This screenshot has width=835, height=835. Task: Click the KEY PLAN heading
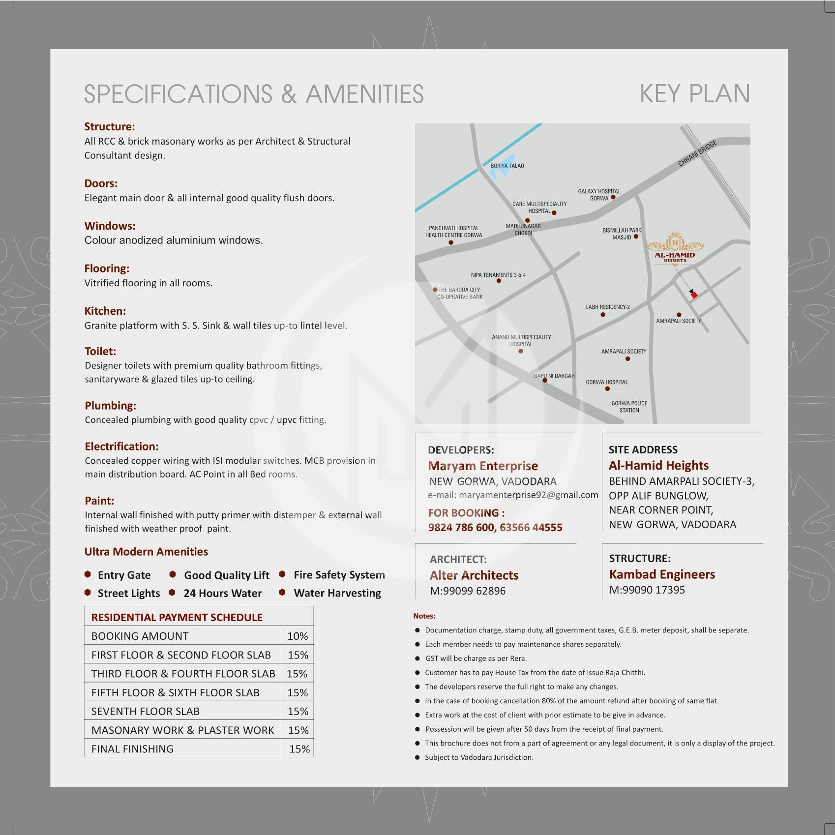click(694, 93)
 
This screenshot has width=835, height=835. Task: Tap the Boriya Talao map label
click(507, 166)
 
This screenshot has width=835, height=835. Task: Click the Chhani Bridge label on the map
click(697, 153)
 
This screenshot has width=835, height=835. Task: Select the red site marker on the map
click(694, 295)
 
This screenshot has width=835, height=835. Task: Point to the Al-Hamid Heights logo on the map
click(675, 248)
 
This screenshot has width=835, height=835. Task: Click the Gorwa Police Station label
click(629, 407)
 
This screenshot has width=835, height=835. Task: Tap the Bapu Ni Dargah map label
click(554, 376)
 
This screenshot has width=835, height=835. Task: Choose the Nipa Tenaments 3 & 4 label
click(498, 275)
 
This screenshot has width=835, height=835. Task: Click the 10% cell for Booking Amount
click(298, 636)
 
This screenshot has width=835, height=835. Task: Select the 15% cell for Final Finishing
click(299, 749)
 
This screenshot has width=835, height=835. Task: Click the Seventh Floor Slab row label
click(145, 711)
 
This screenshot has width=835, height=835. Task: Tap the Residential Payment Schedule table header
click(177, 617)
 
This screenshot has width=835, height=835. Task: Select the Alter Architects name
click(474, 575)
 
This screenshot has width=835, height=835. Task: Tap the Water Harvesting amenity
click(337, 593)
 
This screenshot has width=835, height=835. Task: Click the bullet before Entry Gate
click(88, 574)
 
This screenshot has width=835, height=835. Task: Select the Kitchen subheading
click(105, 311)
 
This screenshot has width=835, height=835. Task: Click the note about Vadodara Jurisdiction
click(479, 757)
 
